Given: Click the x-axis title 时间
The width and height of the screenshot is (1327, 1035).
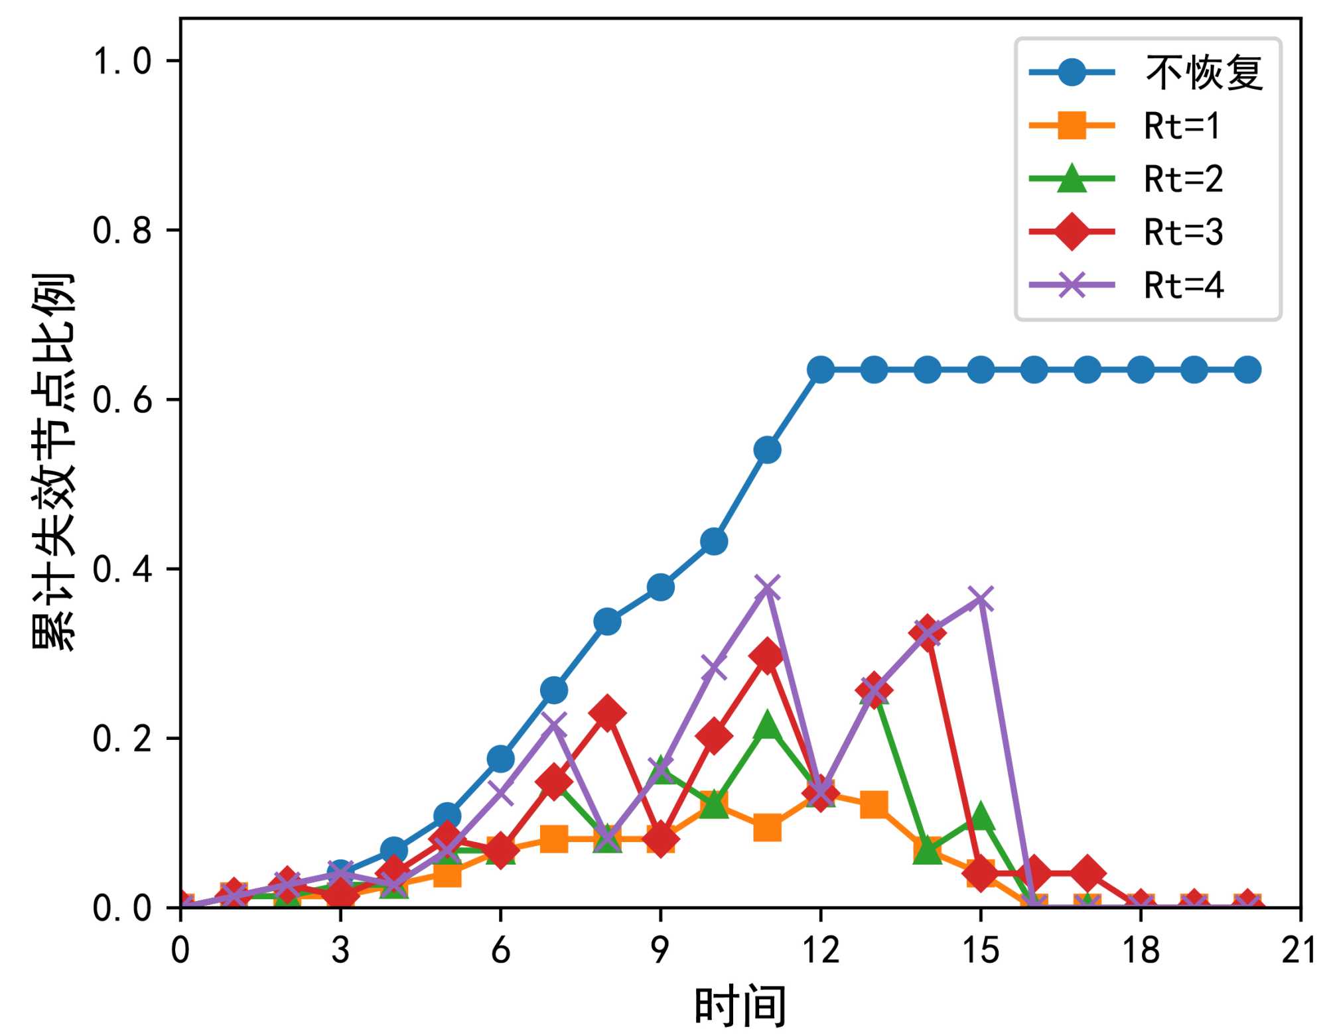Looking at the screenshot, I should point(740,1005).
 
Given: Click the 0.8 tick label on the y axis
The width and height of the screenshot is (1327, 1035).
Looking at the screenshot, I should point(122,231).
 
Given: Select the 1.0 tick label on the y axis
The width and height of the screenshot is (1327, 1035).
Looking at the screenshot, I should point(122,61).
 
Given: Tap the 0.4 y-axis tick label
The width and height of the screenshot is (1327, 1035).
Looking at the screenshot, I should point(122,569).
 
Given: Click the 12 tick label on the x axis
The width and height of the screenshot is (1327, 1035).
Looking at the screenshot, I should point(821,949).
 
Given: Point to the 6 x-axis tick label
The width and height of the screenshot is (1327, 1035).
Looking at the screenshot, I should point(500,949).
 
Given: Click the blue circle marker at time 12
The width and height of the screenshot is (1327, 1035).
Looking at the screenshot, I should point(821,369).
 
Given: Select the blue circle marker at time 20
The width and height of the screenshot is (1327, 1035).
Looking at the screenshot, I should point(1247,369).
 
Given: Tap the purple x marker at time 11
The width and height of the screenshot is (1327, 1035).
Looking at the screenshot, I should point(768,587).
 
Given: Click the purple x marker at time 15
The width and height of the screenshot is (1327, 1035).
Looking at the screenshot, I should point(981,599).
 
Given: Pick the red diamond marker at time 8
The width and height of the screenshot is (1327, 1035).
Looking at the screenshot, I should point(607,713).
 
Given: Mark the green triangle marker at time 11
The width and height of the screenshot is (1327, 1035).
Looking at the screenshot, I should point(768,725).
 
